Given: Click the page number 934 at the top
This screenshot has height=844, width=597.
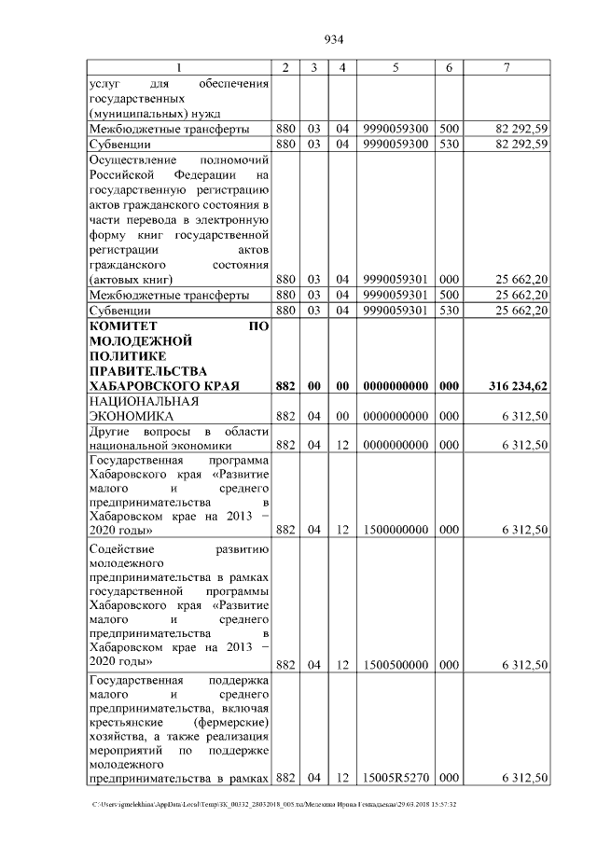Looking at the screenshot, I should tap(334, 39).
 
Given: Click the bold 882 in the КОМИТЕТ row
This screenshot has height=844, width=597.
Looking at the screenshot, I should tap(285, 385).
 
